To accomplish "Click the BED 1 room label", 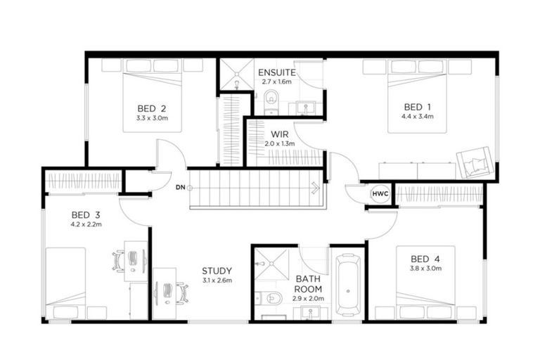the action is [x=417, y=107].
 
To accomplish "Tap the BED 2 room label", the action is [x=152, y=109].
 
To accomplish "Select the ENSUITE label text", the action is [x=277, y=72].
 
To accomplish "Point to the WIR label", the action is [x=280, y=134].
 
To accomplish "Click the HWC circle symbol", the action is [x=380, y=194].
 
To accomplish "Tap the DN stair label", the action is [x=181, y=188].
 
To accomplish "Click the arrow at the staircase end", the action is [x=316, y=188].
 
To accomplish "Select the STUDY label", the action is [x=217, y=271].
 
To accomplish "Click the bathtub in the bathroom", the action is [x=348, y=285].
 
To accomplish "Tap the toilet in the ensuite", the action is [x=271, y=101].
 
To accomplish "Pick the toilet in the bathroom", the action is [x=269, y=297].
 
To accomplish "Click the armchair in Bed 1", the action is [x=474, y=162].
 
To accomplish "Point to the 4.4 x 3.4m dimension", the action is [x=417, y=117].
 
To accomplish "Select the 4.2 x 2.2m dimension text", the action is [x=86, y=224].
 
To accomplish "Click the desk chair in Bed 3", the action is [x=118, y=262].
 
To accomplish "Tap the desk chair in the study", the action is [x=183, y=293].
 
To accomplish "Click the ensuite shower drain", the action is [x=236, y=73].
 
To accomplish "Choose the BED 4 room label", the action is [x=425, y=259].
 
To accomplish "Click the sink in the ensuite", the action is [x=305, y=108].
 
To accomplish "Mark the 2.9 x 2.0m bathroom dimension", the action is [x=308, y=299].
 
